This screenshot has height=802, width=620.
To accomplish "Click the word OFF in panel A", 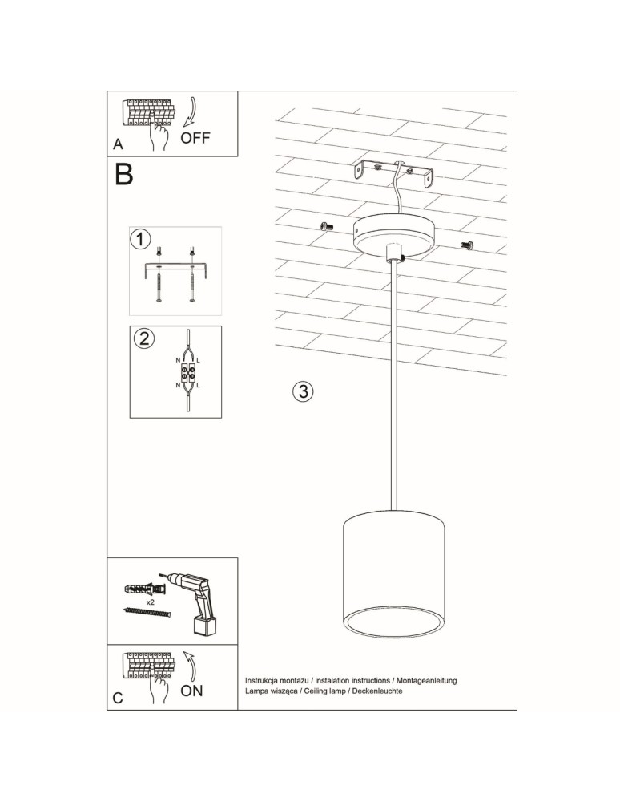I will click(195, 138).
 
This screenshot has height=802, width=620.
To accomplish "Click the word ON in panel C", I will click(191, 690).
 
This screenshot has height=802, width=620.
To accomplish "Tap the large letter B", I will click(123, 174).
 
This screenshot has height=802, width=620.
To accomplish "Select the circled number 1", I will click(141, 239).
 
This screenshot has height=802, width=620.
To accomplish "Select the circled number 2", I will click(143, 338).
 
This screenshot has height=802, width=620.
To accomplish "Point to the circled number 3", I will click(302, 391).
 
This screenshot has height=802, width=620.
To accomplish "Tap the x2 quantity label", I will click(150, 601).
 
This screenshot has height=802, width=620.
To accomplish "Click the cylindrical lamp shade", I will click(393, 569).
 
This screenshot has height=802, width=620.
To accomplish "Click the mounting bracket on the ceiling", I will click(394, 176).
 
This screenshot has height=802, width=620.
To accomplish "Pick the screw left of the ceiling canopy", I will click(325, 227).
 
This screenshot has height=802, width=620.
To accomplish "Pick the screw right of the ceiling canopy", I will click(467, 244).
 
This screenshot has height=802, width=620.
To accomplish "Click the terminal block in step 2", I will click(187, 373).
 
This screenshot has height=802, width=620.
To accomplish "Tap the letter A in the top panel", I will click(119, 146).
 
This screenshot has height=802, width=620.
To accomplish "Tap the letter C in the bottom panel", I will click(118, 698).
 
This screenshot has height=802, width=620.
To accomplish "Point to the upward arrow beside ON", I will click(190, 665).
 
